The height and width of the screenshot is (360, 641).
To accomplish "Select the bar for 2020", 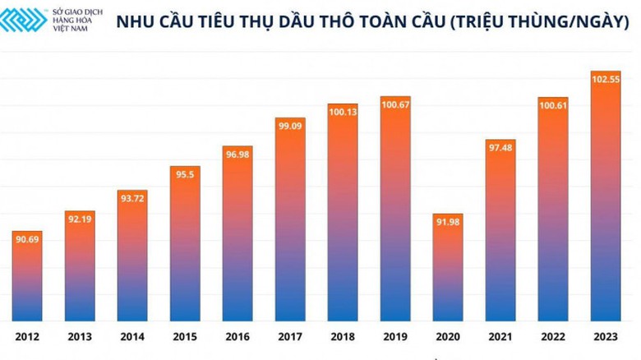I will tap(448, 271).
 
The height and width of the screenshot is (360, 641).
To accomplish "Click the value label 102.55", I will tap(606, 78).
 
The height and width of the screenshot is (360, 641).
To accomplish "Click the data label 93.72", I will tap(132, 197).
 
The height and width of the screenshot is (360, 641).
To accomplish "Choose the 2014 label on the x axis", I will tap(132, 337).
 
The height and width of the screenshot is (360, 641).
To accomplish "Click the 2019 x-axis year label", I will tap(395, 337).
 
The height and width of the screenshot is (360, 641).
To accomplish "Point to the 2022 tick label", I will tap(553, 337).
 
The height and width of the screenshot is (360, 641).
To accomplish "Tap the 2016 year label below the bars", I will tap(237, 337).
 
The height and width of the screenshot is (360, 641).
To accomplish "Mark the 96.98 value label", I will tap(237, 154).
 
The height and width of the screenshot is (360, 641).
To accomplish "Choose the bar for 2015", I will tap(185, 247).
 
